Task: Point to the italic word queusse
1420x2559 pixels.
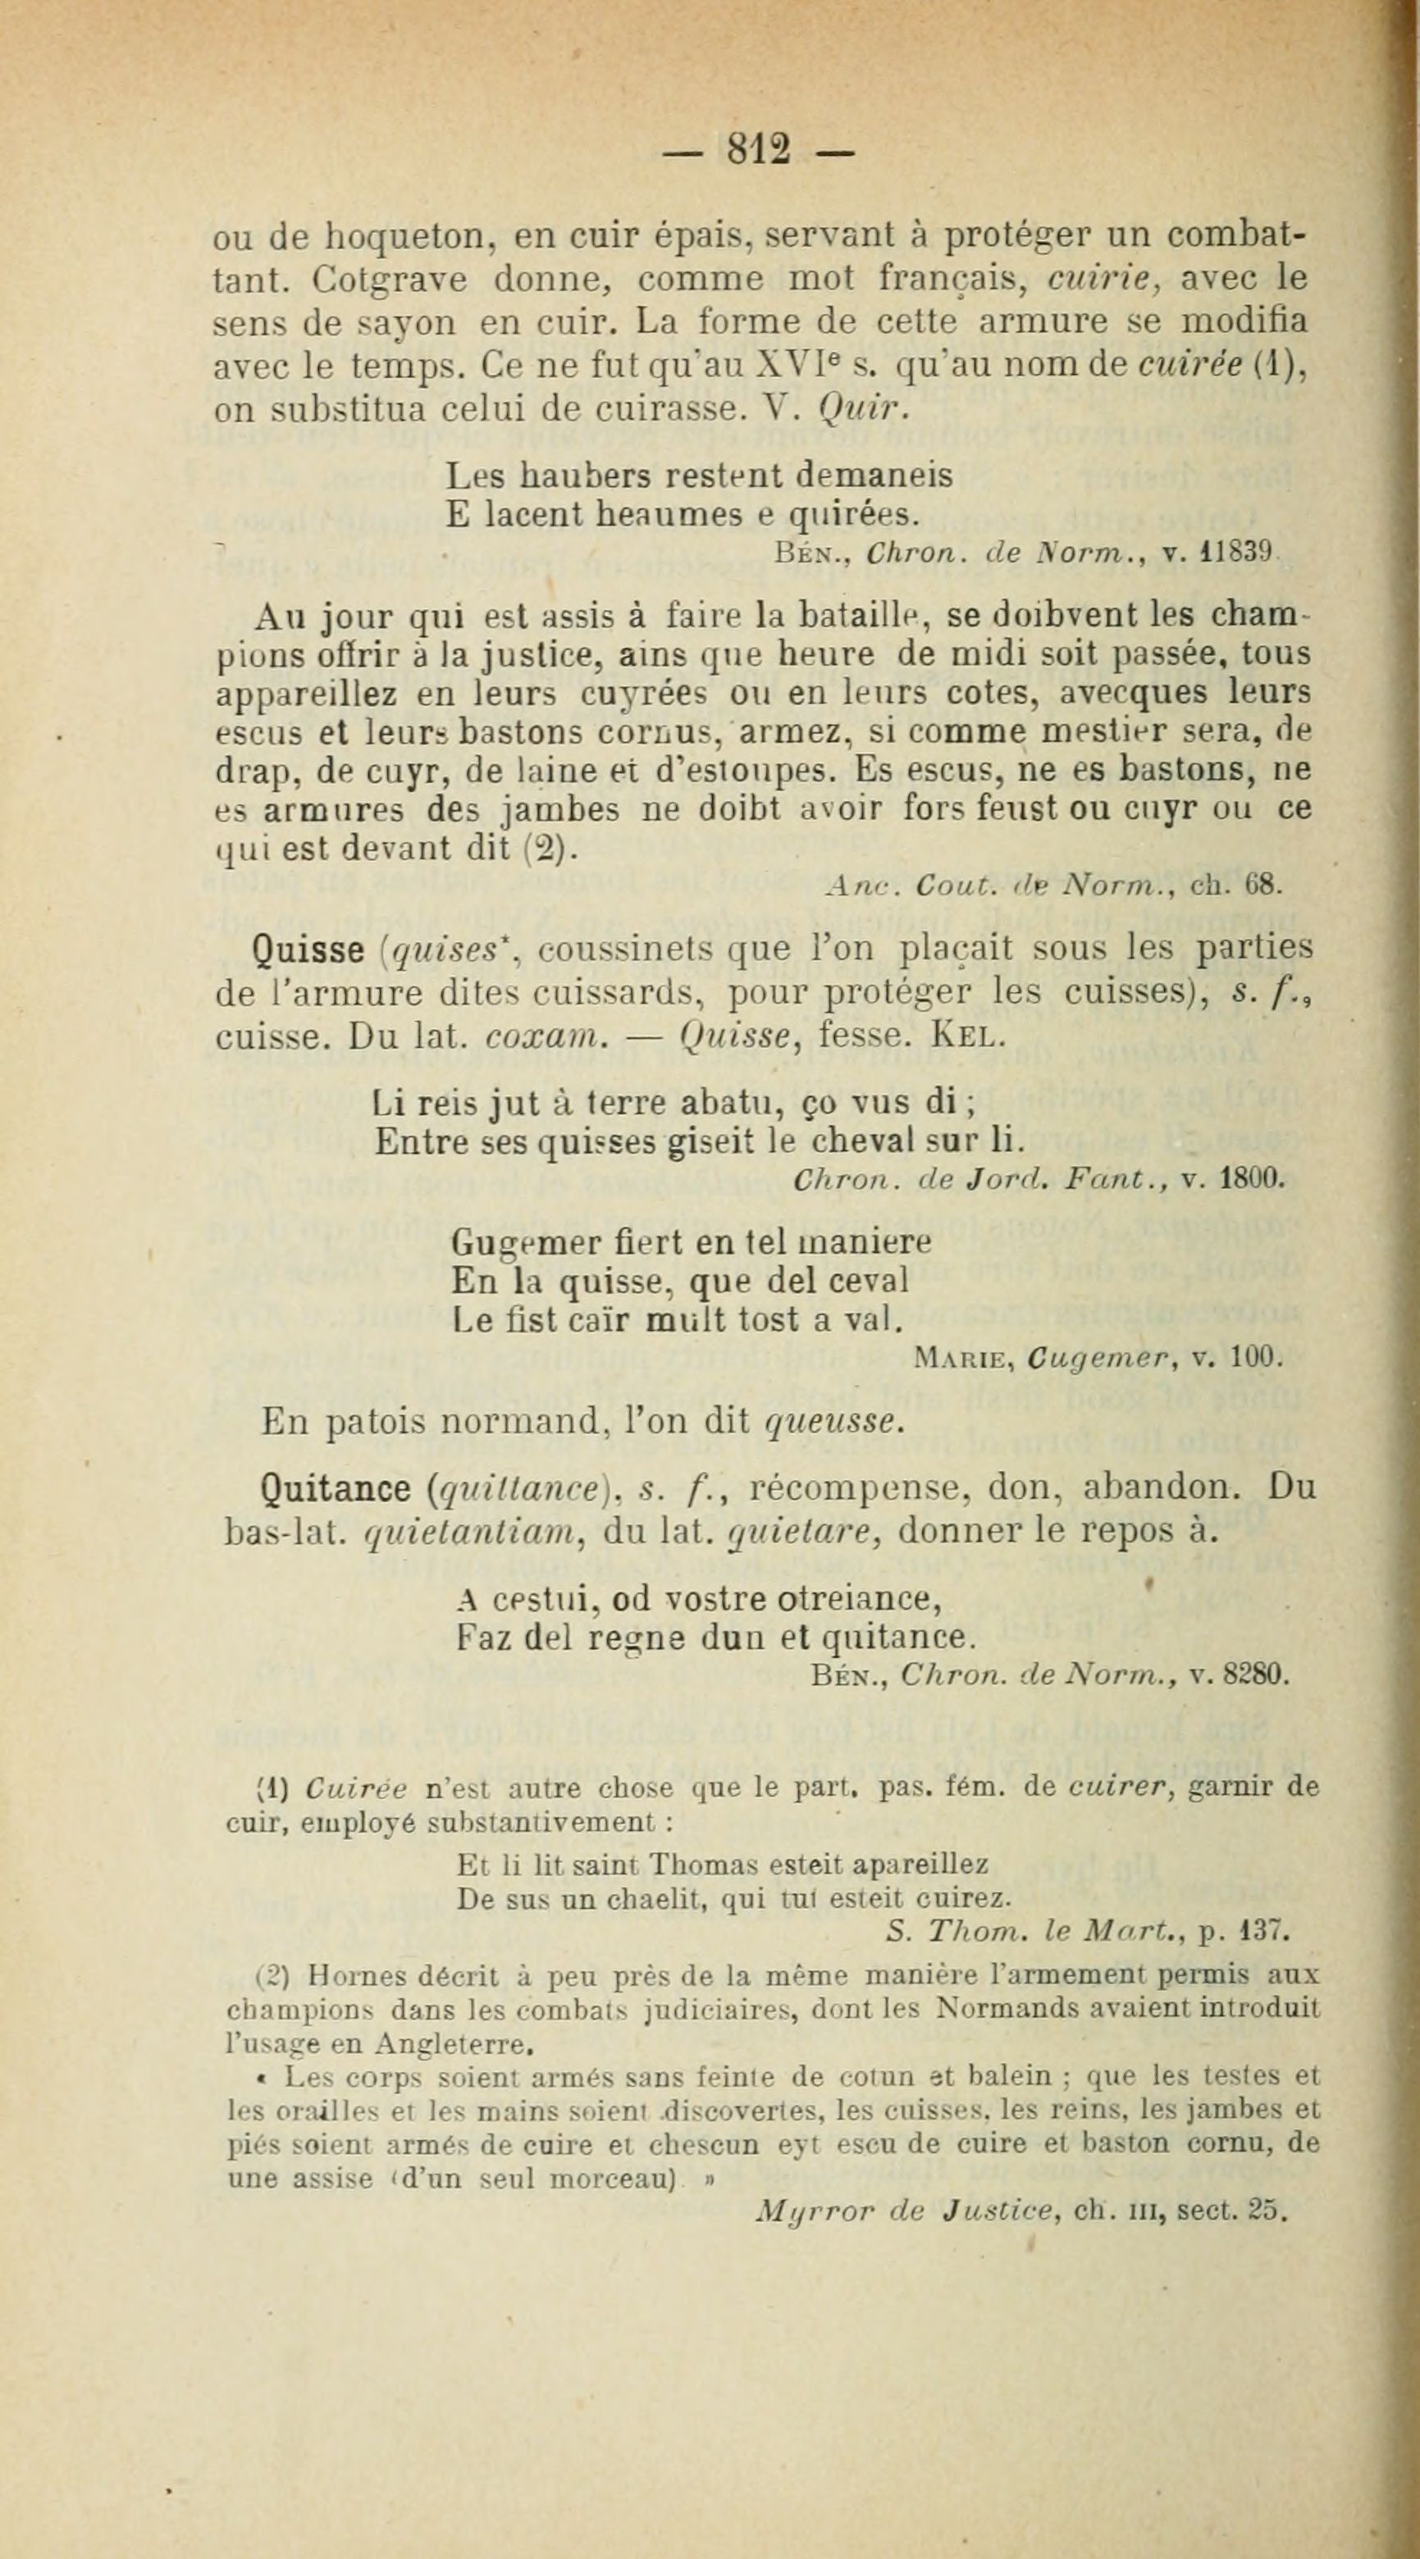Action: coord(833,1423)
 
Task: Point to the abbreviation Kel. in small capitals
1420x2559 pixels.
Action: coord(963,1036)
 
